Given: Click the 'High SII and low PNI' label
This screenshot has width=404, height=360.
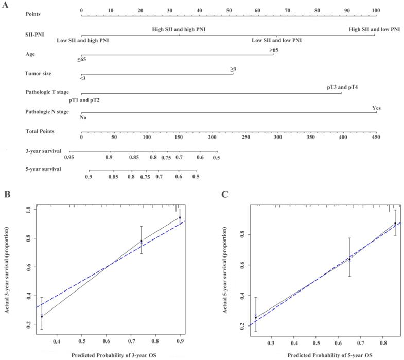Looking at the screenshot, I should coord(374,30).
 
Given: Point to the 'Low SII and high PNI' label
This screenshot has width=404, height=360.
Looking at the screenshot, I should coord(83,40).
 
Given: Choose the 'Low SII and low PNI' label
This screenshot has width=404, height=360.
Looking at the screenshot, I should coord(276,40).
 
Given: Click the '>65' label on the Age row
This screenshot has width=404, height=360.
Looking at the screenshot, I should coord(274,50).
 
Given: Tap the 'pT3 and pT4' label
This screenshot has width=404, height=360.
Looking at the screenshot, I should coord(342,87).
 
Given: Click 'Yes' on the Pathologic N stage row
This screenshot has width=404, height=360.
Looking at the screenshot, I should coord(376,108).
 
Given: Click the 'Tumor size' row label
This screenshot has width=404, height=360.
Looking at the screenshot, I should coord(39,74).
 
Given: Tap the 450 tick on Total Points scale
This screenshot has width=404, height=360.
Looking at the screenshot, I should coord(376,138).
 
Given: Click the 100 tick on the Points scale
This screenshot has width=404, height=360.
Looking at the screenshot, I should coord(376,10).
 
